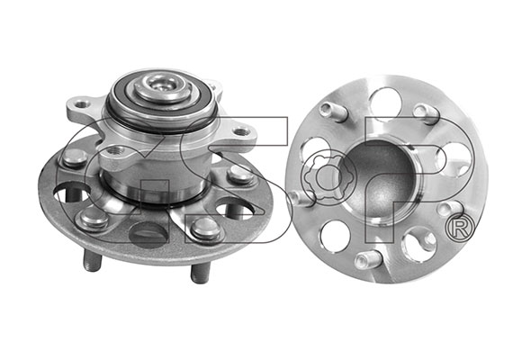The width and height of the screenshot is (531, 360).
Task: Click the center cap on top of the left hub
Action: pyautogui.click(x=159, y=87)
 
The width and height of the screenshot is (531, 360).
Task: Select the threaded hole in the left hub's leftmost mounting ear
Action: pyautogui.click(x=81, y=104)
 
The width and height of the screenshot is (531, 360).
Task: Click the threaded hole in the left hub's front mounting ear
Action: pyautogui.click(x=113, y=150)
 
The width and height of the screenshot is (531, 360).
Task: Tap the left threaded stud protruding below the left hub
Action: pyautogui.click(x=92, y=261)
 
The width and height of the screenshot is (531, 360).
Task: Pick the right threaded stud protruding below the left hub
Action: pyautogui.click(x=201, y=273)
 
